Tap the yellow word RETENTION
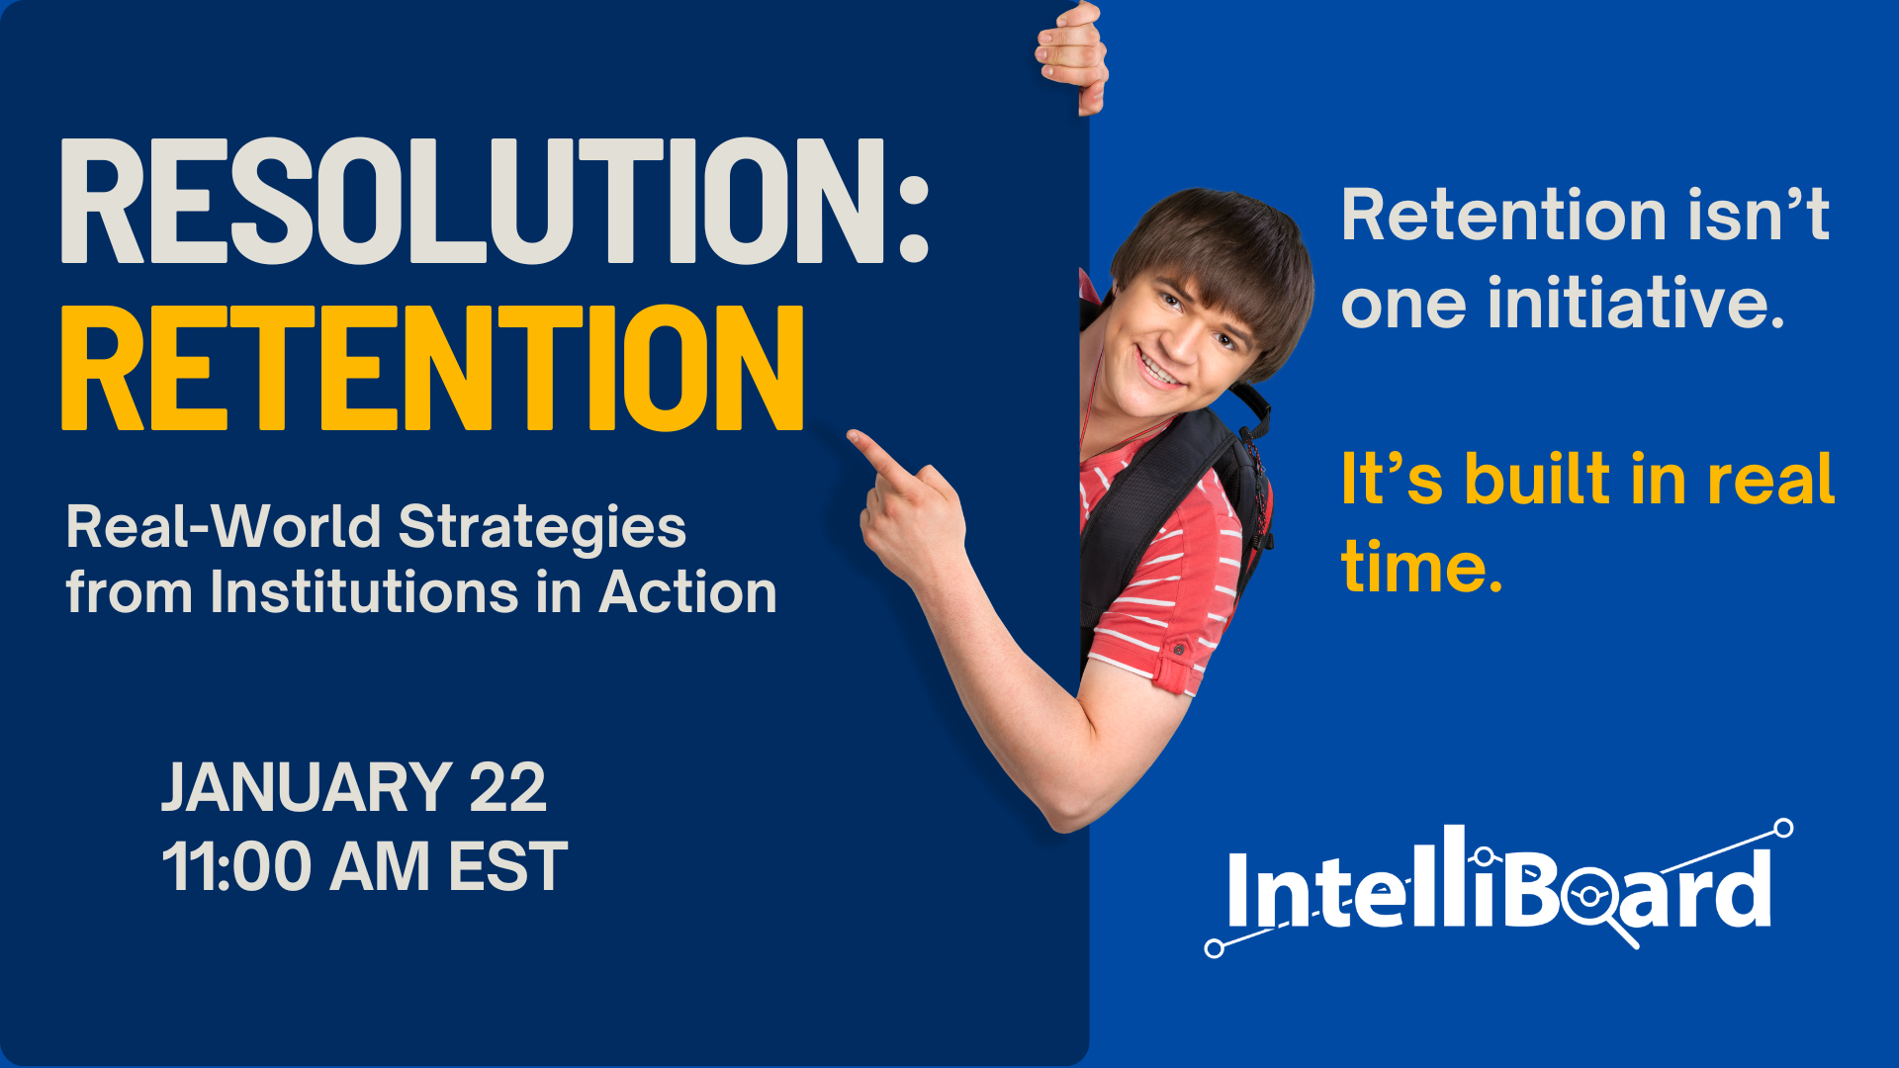coord(432,368)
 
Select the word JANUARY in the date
coord(307,788)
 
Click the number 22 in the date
coord(507,788)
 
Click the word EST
coord(507,867)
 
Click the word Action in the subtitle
coord(688,592)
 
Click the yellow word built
coord(1537,480)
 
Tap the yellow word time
coord(1420,568)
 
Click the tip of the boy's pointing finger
coord(854,436)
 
